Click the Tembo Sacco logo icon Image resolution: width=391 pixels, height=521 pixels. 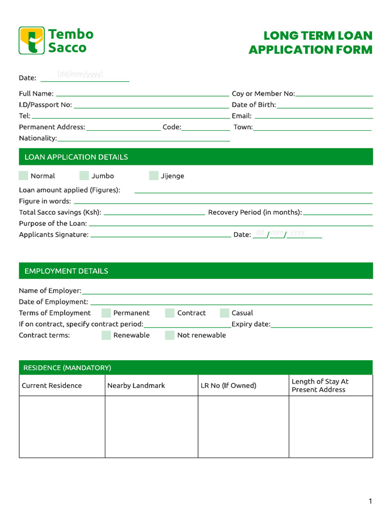[32, 41]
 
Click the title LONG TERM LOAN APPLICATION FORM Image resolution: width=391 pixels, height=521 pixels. [310, 43]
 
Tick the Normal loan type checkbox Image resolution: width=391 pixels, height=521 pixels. [23, 176]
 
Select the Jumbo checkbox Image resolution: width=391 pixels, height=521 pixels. [84, 176]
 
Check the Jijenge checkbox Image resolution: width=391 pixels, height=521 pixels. [154, 176]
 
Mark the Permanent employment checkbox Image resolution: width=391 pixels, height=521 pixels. [106, 313]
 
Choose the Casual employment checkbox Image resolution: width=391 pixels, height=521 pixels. [225, 313]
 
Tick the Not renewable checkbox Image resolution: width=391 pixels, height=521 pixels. [170, 335]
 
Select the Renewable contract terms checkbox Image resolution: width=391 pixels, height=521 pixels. [106, 335]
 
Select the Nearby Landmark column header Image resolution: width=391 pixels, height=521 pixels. [136, 386]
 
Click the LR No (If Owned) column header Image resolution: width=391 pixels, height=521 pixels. [228, 386]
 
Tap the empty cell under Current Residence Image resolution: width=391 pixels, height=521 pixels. [62, 426]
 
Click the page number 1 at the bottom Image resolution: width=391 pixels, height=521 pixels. [370, 501]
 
